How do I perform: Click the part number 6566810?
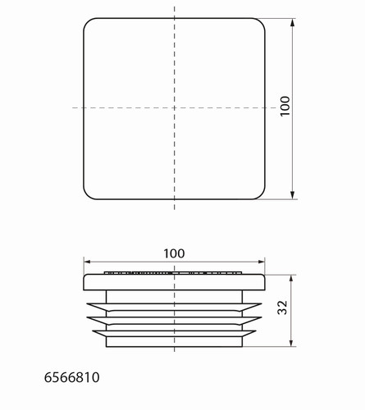click(72, 377)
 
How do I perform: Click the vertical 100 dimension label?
click(285, 107)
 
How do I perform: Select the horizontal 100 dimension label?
click(174, 253)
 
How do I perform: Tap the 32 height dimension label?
click(282, 307)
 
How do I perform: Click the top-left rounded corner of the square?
click(87, 22)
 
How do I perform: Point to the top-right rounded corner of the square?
click(262, 22)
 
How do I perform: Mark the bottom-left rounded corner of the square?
click(87, 195)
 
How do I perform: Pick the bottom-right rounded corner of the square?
click(262, 195)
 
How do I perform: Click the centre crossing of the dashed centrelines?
click(175, 107)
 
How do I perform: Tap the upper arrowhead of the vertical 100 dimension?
click(293, 23)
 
